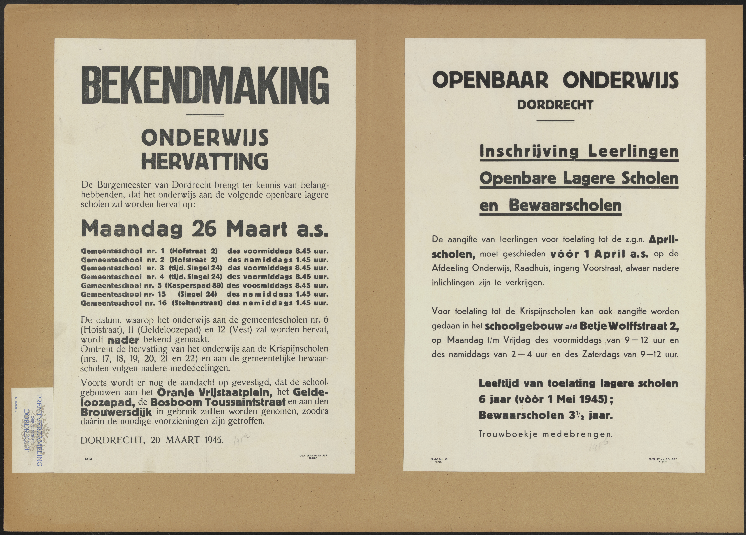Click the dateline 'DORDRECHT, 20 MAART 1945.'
152,440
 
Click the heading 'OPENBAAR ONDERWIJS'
555,80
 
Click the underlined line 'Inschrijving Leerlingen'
579,152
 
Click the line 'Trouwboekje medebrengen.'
545,434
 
